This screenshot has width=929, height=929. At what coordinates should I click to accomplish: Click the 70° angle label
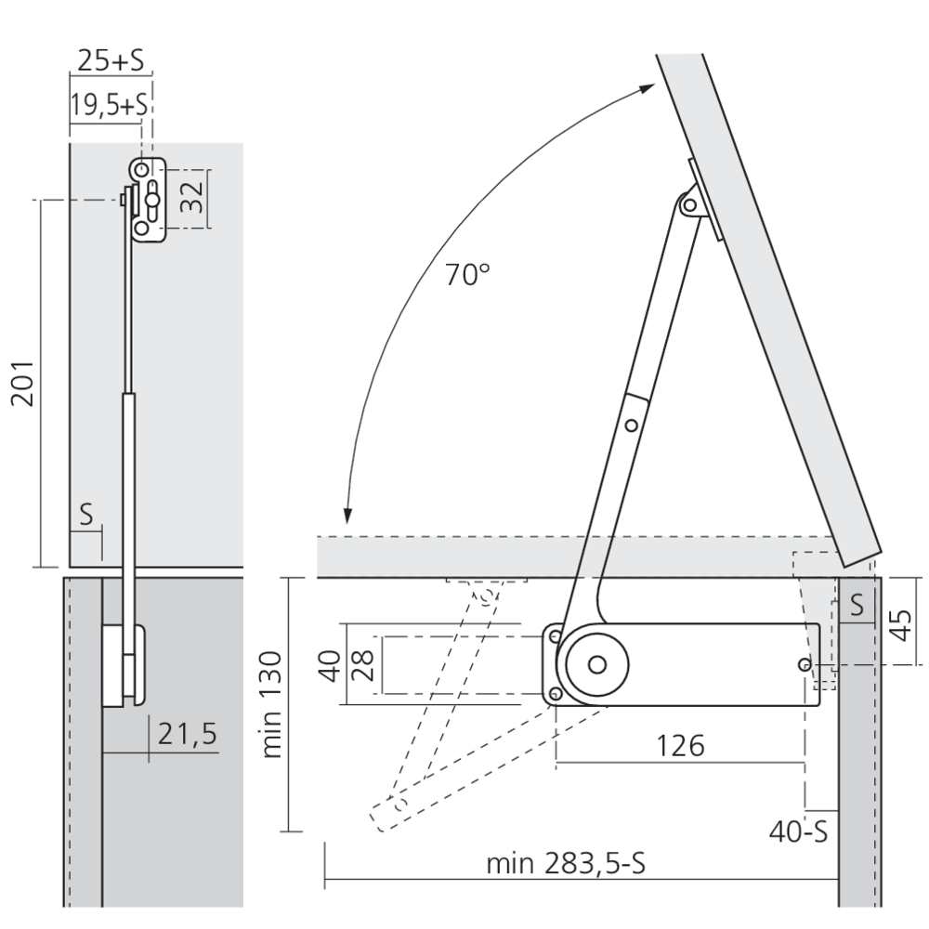coord(467,275)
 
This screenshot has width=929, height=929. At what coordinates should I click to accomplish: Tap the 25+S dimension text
coord(111,59)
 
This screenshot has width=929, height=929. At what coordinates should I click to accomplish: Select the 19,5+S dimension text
coord(109,105)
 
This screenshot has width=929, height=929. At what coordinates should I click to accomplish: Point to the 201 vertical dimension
coord(23,383)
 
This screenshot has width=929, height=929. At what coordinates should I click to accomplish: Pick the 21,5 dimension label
coord(188,735)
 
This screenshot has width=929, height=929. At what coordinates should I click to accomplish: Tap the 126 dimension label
coord(681,746)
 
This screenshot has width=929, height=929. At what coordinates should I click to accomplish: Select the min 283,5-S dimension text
coord(566,864)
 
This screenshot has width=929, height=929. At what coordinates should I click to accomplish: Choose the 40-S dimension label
coord(798,831)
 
